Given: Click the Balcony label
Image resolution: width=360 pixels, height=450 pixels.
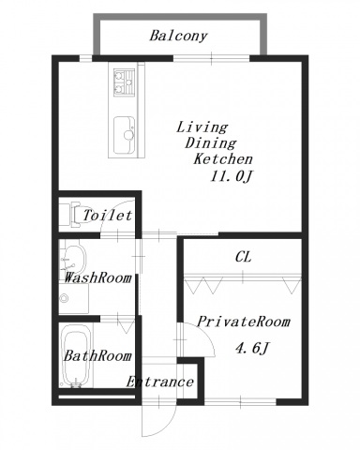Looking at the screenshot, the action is click(178, 36).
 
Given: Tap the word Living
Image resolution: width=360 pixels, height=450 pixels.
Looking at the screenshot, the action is click(202, 127).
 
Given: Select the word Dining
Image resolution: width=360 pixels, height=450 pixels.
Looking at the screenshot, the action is click(211, 143).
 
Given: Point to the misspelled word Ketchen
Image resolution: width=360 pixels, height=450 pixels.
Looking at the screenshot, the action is click(223, 159).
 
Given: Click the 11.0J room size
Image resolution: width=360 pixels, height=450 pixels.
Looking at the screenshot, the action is click(231, 177).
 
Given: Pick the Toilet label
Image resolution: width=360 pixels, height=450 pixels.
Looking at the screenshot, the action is click(108, 216).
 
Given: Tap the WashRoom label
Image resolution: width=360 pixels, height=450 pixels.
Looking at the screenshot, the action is click(97, 277).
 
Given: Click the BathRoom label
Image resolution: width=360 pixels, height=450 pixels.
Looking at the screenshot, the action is click(97, 356).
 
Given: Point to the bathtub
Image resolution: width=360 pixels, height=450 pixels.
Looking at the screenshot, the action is click(76, 355).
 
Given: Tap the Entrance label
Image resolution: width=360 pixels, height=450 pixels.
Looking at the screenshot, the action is click(159, 382).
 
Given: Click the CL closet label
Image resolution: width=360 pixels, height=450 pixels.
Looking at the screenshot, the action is click(243, 257).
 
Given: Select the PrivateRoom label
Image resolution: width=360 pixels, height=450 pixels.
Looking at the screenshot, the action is click(244, 322).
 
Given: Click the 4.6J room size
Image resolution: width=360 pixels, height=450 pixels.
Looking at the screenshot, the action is click(252, 348).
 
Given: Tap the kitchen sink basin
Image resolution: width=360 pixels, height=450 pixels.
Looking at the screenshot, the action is click(124, 135).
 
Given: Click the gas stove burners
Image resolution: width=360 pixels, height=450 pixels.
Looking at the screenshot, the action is click(124, 82).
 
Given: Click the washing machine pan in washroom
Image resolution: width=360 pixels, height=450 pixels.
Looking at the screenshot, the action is click(74, 298).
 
